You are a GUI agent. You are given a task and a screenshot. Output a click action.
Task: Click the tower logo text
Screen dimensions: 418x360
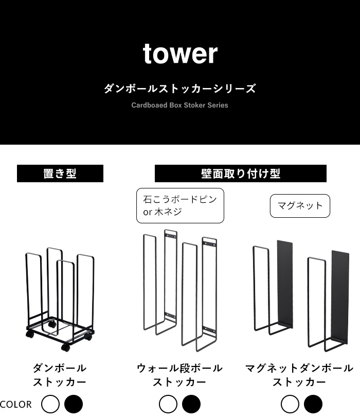point(180,54)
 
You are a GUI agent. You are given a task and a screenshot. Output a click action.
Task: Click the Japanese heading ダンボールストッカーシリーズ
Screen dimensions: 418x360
point(180,89)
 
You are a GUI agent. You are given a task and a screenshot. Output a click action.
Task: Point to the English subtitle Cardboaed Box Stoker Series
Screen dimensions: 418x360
point(180,105)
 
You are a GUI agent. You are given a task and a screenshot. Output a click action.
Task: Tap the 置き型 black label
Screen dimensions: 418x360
point(60,173)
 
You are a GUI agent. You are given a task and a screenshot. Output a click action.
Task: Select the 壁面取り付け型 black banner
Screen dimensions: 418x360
point(241,173)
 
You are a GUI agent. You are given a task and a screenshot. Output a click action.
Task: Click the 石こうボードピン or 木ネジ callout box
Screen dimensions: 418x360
point(180,205)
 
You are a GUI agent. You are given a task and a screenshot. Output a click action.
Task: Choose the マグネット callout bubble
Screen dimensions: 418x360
point(300,206)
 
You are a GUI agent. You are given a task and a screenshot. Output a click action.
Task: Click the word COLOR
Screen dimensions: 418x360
point(16,405)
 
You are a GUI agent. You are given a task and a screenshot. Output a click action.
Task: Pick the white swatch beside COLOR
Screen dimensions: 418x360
point(50,404)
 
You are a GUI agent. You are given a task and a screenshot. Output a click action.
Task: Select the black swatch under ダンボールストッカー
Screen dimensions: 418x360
point(74,404)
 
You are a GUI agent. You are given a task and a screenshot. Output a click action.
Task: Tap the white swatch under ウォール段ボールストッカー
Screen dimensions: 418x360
point(168,404)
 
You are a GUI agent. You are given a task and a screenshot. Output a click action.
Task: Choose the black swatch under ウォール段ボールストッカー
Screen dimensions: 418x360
point(191,404)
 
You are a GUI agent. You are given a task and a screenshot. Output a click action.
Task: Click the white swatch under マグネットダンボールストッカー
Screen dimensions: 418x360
point(290,404)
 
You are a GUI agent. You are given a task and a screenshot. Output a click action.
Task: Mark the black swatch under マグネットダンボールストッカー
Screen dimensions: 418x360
point(313,404)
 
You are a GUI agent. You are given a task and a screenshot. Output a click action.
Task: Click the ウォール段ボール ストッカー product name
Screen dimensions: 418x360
point(179,375)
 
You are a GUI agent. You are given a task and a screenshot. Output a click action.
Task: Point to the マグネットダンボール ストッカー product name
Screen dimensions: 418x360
point(299,375)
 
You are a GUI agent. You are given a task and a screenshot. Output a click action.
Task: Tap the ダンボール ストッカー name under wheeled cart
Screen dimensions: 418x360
point(60,375)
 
